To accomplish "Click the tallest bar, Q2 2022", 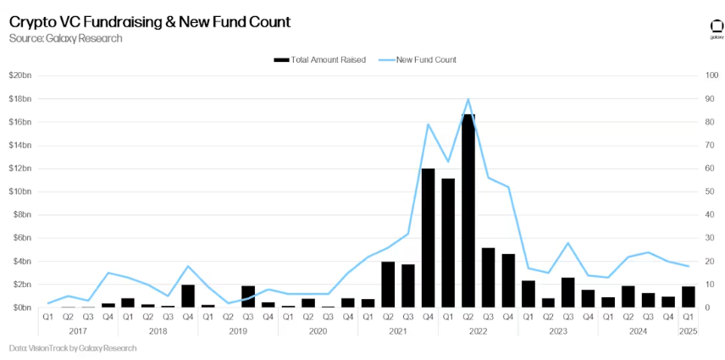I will [468, 212].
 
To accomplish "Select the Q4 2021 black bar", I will [428, 238].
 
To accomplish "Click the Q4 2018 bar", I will [188, 296].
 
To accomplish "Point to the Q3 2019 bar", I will [248, 297].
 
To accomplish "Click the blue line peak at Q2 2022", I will [468, 99].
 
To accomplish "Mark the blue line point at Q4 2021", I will [428, 125].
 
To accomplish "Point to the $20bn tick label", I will [19, 75].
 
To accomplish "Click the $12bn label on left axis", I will [19, 169].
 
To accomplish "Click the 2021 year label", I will [397, 331].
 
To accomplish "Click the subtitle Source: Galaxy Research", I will [66, 38].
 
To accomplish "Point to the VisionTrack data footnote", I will [71, 348].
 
